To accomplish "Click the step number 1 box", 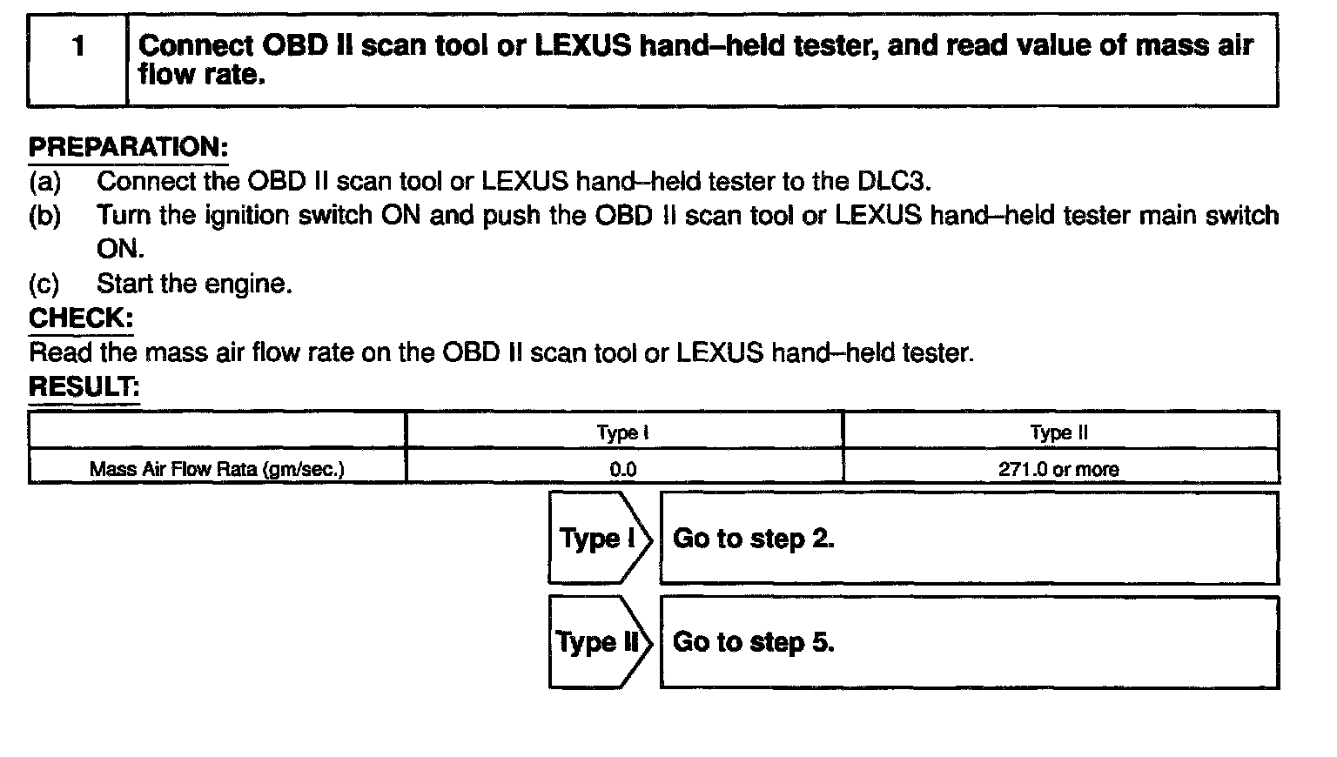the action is (77, 59).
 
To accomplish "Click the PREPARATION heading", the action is (128, 147).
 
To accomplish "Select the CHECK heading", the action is (81, 318).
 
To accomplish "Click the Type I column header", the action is (622, 432).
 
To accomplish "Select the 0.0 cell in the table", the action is (622, 470).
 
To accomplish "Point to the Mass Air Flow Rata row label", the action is (217, 470).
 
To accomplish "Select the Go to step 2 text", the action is (753, 539).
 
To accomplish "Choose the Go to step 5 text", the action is (753, 642).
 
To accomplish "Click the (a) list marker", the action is (45, 182).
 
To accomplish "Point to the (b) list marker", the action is (45, 216).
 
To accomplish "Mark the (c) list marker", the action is (44, 285).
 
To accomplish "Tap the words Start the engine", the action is (194, 285).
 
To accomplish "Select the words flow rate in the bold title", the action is (201, 75).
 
